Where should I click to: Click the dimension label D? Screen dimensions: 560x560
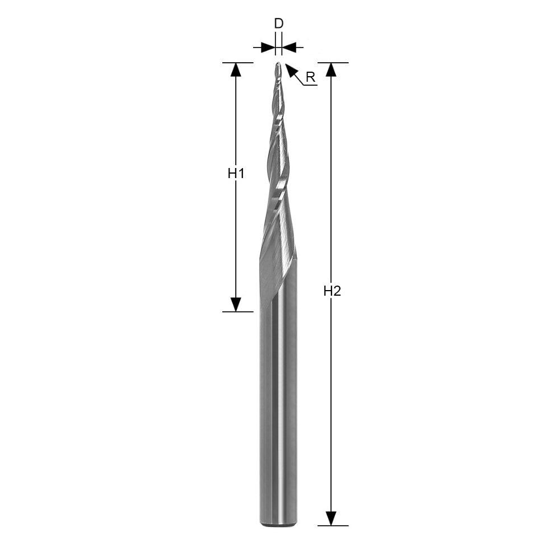[278, 24]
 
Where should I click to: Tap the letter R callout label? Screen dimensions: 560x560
[311, 77]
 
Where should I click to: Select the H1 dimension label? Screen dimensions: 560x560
[236, 174]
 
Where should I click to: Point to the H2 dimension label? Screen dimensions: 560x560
[332, 291]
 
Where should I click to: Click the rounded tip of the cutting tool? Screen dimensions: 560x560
[278, 64]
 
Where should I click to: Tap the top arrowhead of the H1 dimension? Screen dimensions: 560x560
[235, 69]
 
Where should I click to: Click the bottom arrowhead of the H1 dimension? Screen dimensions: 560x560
[235, 305]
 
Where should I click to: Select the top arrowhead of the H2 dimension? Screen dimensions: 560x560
[332, 69]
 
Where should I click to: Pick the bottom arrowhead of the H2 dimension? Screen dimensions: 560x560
[332, 519]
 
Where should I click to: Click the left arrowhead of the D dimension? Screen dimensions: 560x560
[268, 47]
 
